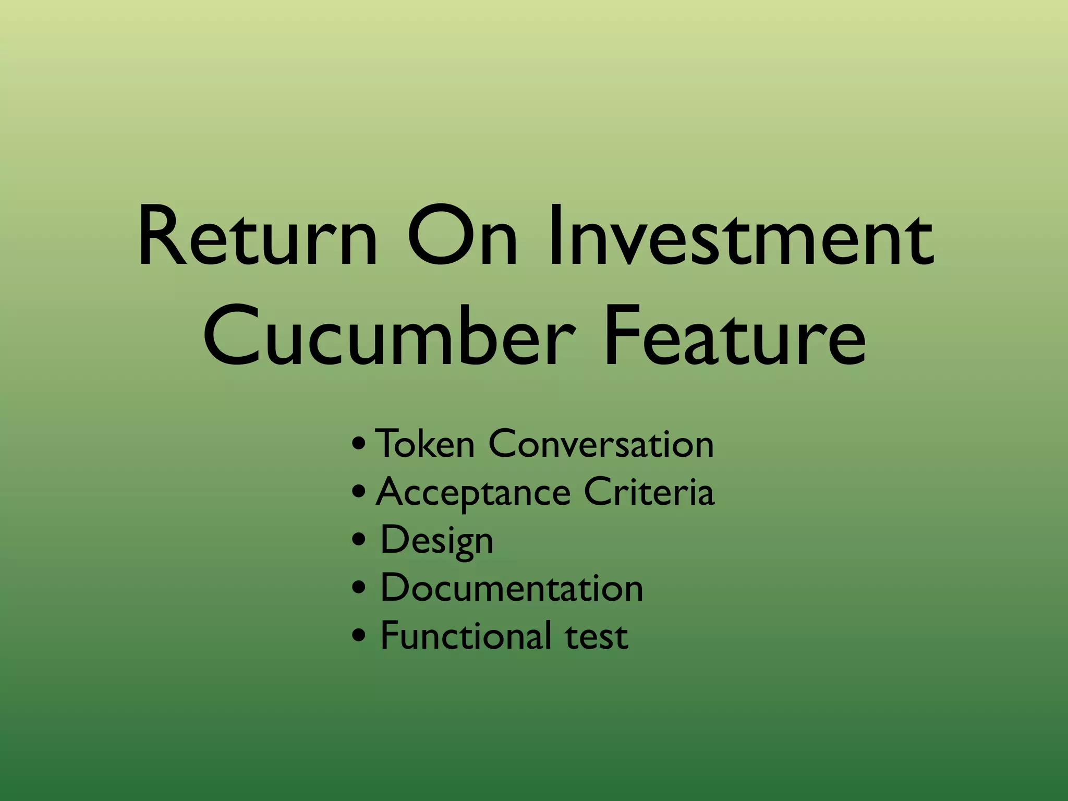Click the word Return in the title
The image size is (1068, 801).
[257, 237]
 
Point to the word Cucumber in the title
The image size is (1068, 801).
[390, 336]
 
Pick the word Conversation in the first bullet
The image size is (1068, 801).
[601, 444]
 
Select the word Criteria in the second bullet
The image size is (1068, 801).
[649, 492]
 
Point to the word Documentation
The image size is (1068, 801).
[512, 588]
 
